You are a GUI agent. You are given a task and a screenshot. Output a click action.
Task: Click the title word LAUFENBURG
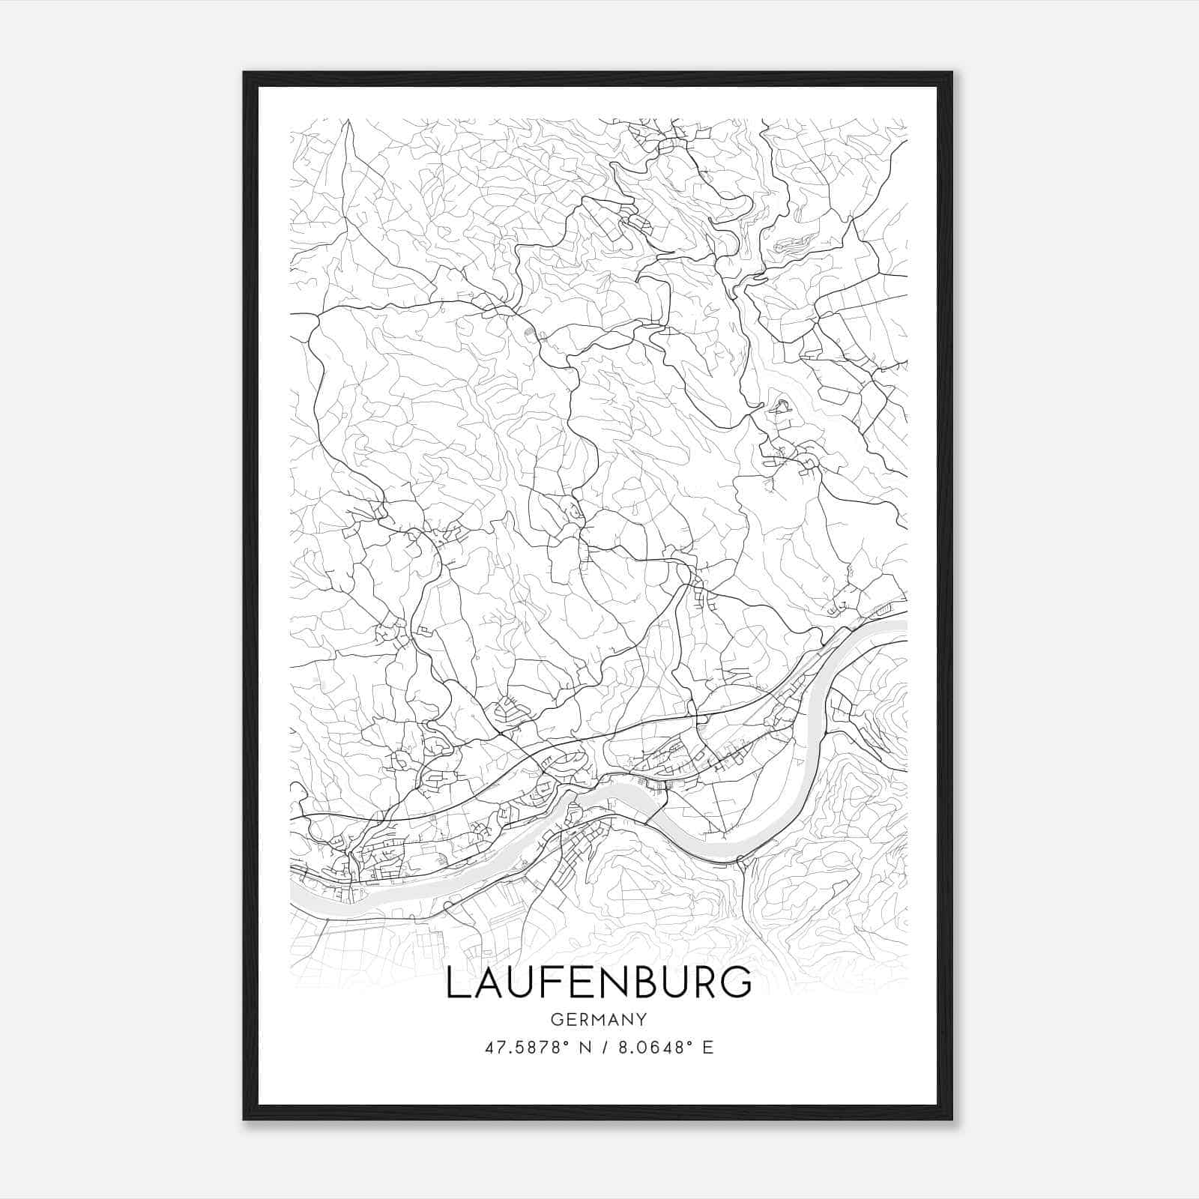(598, 982)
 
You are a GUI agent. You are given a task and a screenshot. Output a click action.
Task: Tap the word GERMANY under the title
(598, 1020)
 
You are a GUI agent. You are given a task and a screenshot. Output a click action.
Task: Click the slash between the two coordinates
(602, 1048)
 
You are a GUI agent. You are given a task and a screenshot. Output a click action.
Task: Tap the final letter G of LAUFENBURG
(737, 982)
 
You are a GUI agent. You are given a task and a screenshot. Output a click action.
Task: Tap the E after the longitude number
(708, 1048)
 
